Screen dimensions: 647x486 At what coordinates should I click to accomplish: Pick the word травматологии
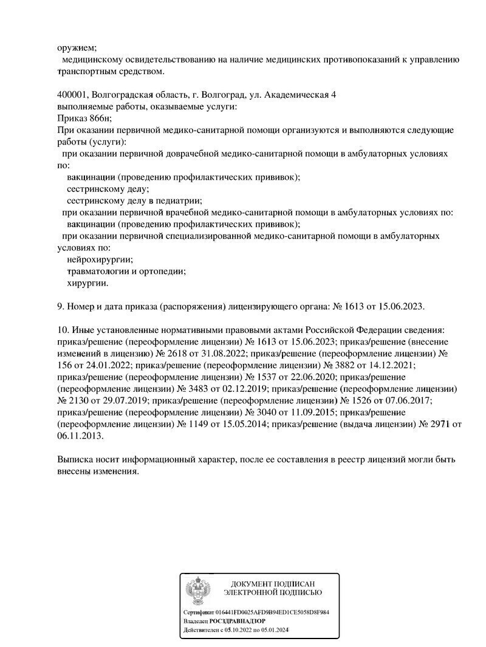coord(97,271)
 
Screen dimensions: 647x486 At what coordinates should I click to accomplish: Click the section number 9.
coord(60,306)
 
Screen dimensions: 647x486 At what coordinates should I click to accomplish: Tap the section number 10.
coord(62,330)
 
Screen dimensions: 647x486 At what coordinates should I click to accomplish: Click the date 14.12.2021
coord(391,365)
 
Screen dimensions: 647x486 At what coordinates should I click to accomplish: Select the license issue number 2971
coord(441,424)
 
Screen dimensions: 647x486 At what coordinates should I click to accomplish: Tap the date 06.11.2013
coord(80,436)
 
